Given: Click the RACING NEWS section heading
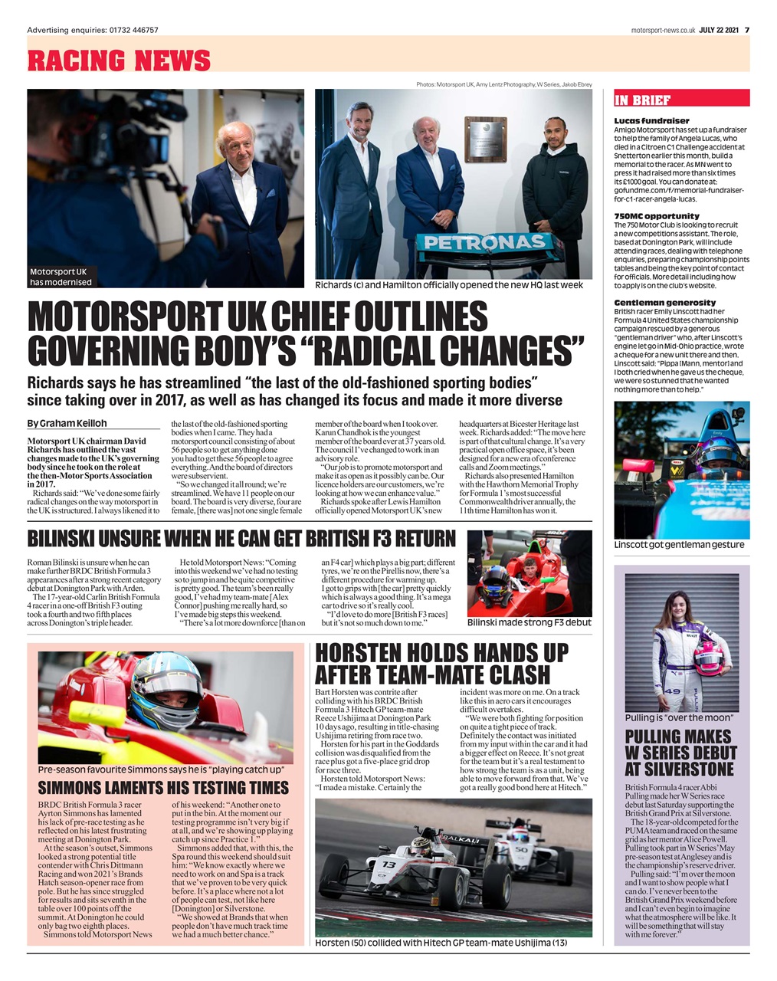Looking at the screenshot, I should (119, 60).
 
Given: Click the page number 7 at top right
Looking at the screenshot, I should (746, 30).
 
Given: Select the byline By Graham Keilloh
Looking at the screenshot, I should (67, 423).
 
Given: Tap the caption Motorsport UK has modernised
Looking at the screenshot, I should (61, 277).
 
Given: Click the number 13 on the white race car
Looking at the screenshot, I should (389, 865).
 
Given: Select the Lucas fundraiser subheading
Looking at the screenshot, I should (651, 121).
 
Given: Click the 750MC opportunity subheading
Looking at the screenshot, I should (656, 216).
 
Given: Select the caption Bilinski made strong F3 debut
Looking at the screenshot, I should (529, 622).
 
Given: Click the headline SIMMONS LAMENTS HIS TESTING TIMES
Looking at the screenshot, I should (163, 788).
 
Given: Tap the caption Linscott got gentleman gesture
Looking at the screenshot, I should (679, 545).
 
